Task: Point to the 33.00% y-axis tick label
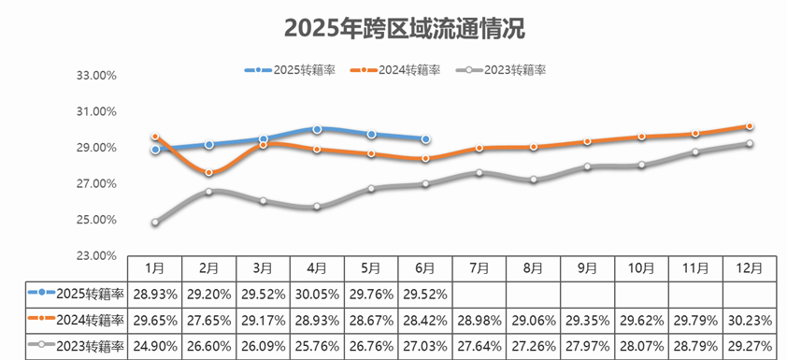[x=94, y=76]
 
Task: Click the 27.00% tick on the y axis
[x=94, y=184]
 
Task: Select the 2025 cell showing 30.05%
[x=318, y=294]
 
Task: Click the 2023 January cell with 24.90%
[x=155, y=345]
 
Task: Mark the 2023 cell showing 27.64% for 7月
[x=479, y=345]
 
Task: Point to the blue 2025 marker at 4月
[x=318, y=129]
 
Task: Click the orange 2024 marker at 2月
[x=209, y=173]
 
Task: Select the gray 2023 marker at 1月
[x=155, y=223]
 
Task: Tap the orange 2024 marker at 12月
[x=751, y=126]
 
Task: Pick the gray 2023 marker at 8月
[x=534, y=180]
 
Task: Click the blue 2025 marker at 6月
[x=426, y=139]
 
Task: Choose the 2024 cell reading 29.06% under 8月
[x=534, y=320]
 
